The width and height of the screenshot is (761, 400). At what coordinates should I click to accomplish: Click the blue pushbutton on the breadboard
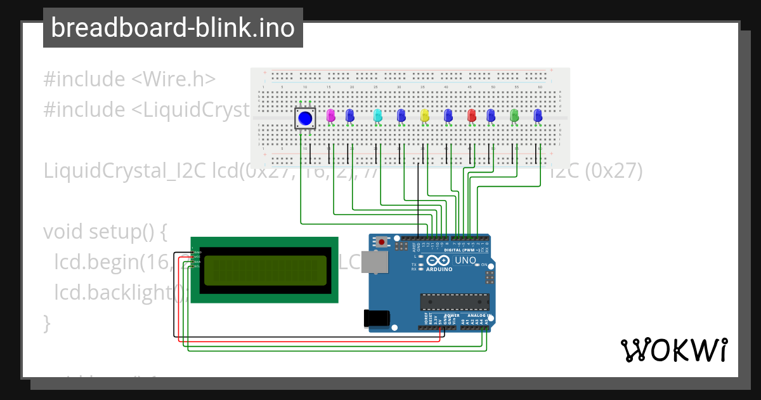click(305, 117)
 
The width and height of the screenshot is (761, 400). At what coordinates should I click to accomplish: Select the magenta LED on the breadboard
click(330, 115)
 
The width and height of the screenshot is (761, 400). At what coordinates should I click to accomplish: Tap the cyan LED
click(377, 115)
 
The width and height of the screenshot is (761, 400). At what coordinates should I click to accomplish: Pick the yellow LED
click(425, 115)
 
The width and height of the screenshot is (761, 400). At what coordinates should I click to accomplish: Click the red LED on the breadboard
click(472, 115)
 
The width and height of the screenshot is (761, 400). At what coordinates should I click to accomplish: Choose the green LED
click(514, 115)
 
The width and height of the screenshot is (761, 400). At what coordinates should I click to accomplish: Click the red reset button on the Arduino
click(381, 242)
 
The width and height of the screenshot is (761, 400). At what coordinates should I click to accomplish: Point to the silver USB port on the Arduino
click(379, 262)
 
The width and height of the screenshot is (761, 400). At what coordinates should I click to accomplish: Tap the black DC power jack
click(375, 318)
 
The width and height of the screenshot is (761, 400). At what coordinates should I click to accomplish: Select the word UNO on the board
click(465, 260)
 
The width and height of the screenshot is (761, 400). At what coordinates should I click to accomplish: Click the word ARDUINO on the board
click(439, 269)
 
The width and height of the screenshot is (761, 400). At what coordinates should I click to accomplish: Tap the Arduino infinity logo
click(439, 260)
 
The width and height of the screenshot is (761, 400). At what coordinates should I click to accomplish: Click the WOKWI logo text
click(673, 350)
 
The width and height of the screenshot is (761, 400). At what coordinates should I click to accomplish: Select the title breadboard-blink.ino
click(172, 28)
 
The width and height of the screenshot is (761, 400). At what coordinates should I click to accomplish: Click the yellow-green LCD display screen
click(265, 271)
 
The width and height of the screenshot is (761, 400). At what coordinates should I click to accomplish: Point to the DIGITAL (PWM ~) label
click(462, 250)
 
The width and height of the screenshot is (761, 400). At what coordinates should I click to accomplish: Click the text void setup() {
click(105, 232)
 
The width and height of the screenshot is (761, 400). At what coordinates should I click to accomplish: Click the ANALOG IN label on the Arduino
click(479, 315)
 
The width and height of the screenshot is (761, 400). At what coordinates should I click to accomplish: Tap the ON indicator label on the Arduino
click(484, 264)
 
